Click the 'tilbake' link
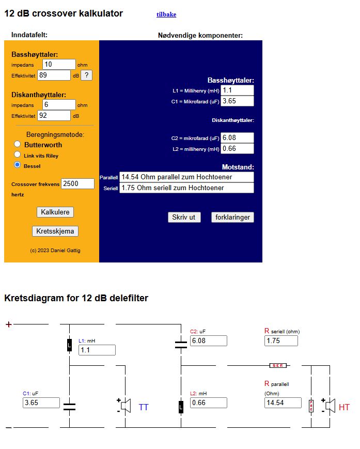[166, 14]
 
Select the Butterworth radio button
[18, 144]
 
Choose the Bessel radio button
[18, 165]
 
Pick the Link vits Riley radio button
[18, 154]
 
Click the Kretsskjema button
[55, 231]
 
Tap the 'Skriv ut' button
[184, 218]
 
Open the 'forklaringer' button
[232, 218]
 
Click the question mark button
[87, 75]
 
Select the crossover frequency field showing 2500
[77, 183]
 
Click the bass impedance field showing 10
[59, 64]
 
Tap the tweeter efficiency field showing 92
[54, 115]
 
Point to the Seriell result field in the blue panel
[186, 188]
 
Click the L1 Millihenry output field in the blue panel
[238, 90]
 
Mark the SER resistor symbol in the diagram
[278, 365]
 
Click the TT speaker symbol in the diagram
[126, 406]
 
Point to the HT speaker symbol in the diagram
[329, 406]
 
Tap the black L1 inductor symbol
[70, 345]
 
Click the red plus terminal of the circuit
[8, 324]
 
